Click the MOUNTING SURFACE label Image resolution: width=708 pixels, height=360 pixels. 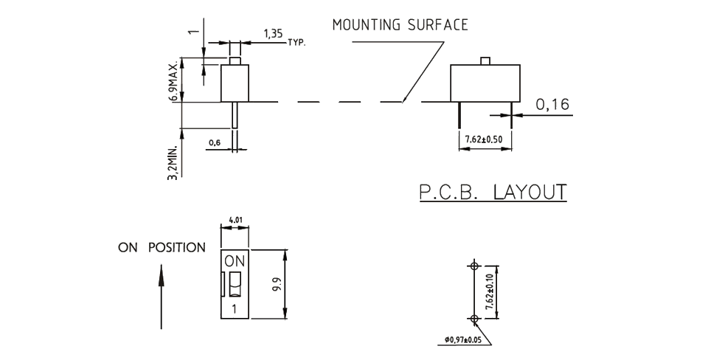400,25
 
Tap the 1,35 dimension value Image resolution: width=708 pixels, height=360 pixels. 271,34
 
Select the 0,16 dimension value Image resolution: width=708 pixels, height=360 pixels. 552,105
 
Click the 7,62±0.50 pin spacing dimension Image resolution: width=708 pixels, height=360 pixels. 485,139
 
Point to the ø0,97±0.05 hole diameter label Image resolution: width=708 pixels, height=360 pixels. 472,340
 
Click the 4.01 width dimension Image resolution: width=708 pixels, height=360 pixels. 235,220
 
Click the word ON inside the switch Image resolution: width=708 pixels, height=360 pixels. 233,260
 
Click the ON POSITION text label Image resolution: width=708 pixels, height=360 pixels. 162,248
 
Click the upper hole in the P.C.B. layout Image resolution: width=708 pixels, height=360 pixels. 474,266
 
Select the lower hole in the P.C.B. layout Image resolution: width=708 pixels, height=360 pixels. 474,319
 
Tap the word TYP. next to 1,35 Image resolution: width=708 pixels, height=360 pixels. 296,43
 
